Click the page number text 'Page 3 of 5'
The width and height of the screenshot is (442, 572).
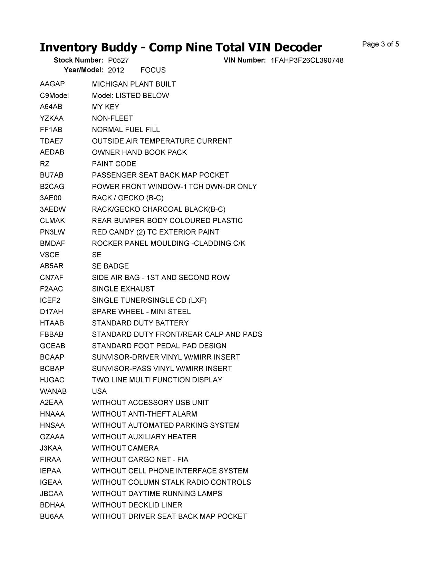[381, 44]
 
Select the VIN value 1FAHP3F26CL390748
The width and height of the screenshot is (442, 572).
[307, 60]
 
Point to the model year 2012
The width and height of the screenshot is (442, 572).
[116, 70]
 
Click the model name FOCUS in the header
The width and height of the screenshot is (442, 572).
[153, 70]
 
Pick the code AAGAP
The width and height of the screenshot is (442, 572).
[52, 84]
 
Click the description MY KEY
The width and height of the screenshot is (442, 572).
[105, 107]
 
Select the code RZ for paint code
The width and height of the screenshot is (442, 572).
[45, 164]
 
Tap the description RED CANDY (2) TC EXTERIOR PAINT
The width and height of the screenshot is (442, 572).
[155, 232]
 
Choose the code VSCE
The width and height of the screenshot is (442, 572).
[49, 255]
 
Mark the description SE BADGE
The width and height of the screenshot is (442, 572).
[110, 266]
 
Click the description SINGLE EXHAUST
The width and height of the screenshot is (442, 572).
[123, 289]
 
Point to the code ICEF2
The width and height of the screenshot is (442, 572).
[50, 301]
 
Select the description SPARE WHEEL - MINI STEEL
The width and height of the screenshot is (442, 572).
[141, 312]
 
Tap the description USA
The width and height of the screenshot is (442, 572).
[99, 391]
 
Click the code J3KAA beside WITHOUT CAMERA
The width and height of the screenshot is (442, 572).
[51, 448]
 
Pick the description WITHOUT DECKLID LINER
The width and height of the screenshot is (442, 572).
[137, 505]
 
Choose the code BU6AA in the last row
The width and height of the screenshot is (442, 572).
[51, 516]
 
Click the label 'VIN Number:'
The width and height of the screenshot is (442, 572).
[244, 60]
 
